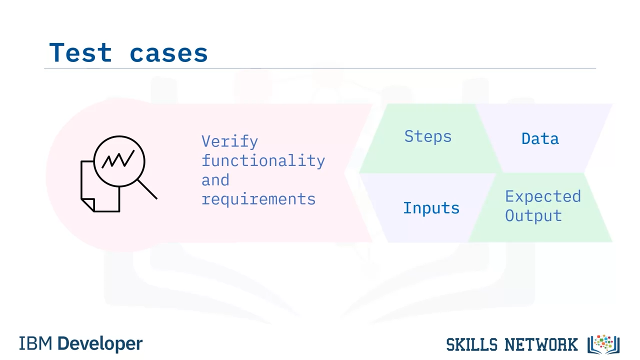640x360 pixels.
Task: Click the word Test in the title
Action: coord(80,52)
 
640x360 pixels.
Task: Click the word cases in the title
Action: coord(168,54)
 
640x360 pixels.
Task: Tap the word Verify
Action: coord(229,141)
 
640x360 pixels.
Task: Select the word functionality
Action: coord(263,160)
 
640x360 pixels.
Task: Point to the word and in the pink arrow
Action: coord(215,180)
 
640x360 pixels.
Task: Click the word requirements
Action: coord(258,199)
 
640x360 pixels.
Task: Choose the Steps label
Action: coord(427,136)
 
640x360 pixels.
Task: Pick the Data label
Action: coord(540,139)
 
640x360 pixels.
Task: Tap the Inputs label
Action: coord(431,208)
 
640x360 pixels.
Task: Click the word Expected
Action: coord(543,196)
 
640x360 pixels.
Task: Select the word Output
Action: coord(533,215)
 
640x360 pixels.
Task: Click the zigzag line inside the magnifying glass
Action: coord(118,159)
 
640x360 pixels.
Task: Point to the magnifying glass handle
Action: coord(147,189)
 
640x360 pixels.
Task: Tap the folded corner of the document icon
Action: coord(88,204)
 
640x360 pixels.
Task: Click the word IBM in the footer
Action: coord(35,343)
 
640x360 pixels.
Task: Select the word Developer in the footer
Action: coord(100,344)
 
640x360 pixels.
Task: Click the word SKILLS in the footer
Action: coord(471,344)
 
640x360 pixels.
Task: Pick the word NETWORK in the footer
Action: coord(541,344)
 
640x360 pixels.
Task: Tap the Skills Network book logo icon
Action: coord(603,344)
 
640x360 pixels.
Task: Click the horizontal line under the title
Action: coord(320,68)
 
